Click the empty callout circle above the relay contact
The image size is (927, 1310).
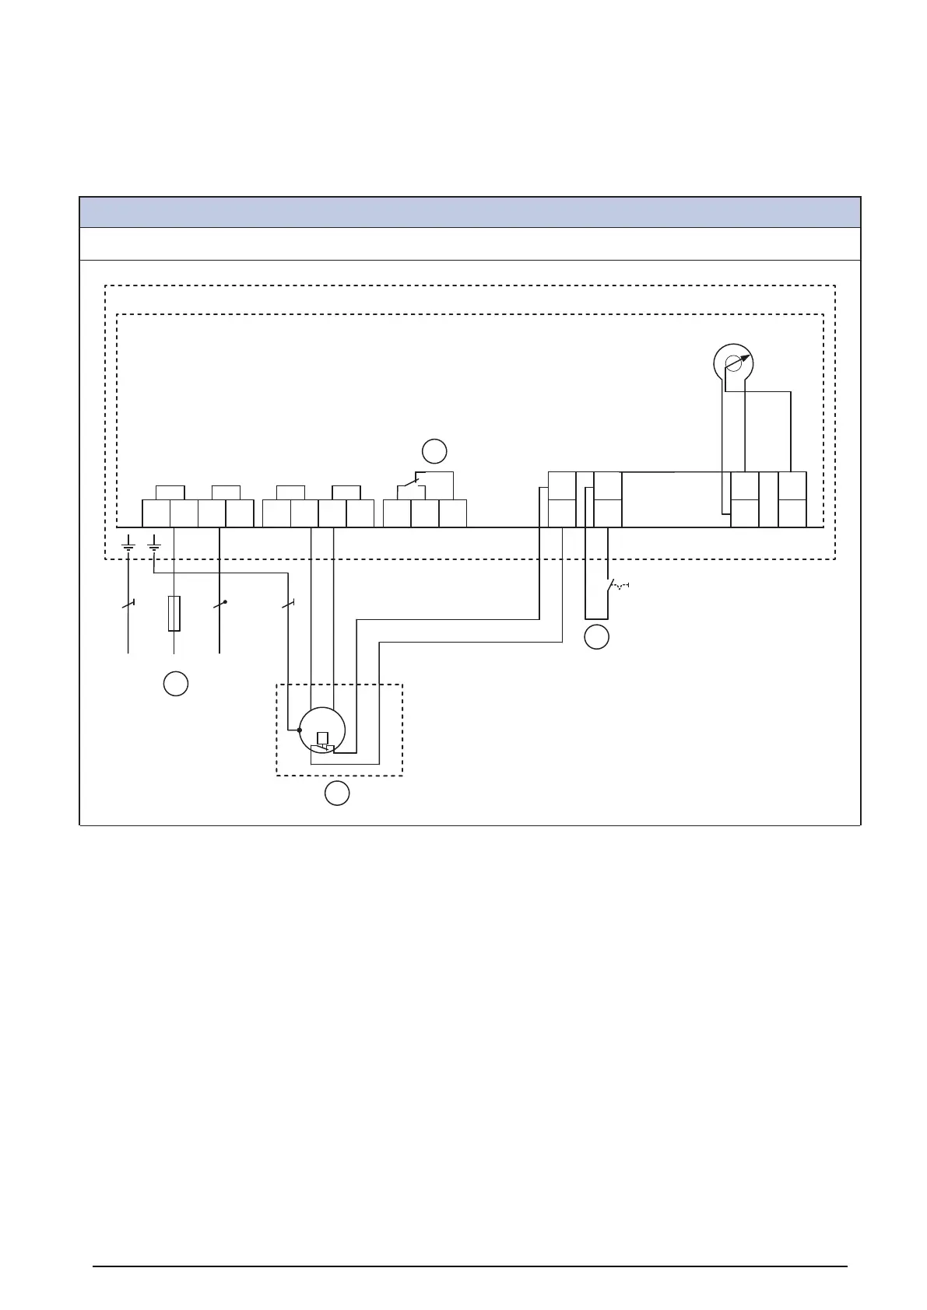pos(434,451)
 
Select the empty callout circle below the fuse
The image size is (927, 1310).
pos(176,683)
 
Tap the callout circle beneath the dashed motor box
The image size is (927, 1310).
pos(336,794)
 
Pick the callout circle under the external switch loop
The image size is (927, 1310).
pos(596,637)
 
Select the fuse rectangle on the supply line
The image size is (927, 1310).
pos(174,613)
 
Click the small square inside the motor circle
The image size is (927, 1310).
pos(322,738)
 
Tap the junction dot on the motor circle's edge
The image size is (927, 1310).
pos(300,730)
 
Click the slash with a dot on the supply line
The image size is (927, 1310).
pos(220,603)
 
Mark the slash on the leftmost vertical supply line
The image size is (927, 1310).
pos(128,603)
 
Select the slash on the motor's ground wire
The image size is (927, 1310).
pos(289,603)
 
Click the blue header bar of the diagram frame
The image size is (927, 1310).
pos(470,212)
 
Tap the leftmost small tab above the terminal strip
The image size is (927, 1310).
pos(170,492)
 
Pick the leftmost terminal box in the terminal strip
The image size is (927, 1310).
pos(156,513)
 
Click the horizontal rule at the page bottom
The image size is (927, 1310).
pos(470,1266)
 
